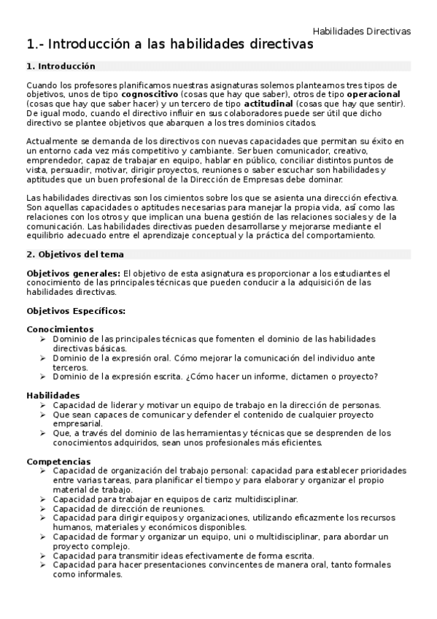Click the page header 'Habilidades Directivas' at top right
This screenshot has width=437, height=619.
pyautogui.click(x=361, y=31)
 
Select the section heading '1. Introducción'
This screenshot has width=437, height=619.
pyautogui.click(x=61, y=66)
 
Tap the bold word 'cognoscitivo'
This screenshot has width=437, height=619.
pyautogui.click(x=148, y=94)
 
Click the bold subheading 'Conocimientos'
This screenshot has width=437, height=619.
pyautogui.click(x=60, y=329)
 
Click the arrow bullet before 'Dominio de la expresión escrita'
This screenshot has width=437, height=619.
pyautogui.click(x=43, y=377)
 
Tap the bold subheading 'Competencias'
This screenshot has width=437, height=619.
pyautogui.click(x=58, y=461)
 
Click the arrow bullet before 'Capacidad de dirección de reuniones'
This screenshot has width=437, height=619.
pyautogui.click(x=43, y=509)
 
